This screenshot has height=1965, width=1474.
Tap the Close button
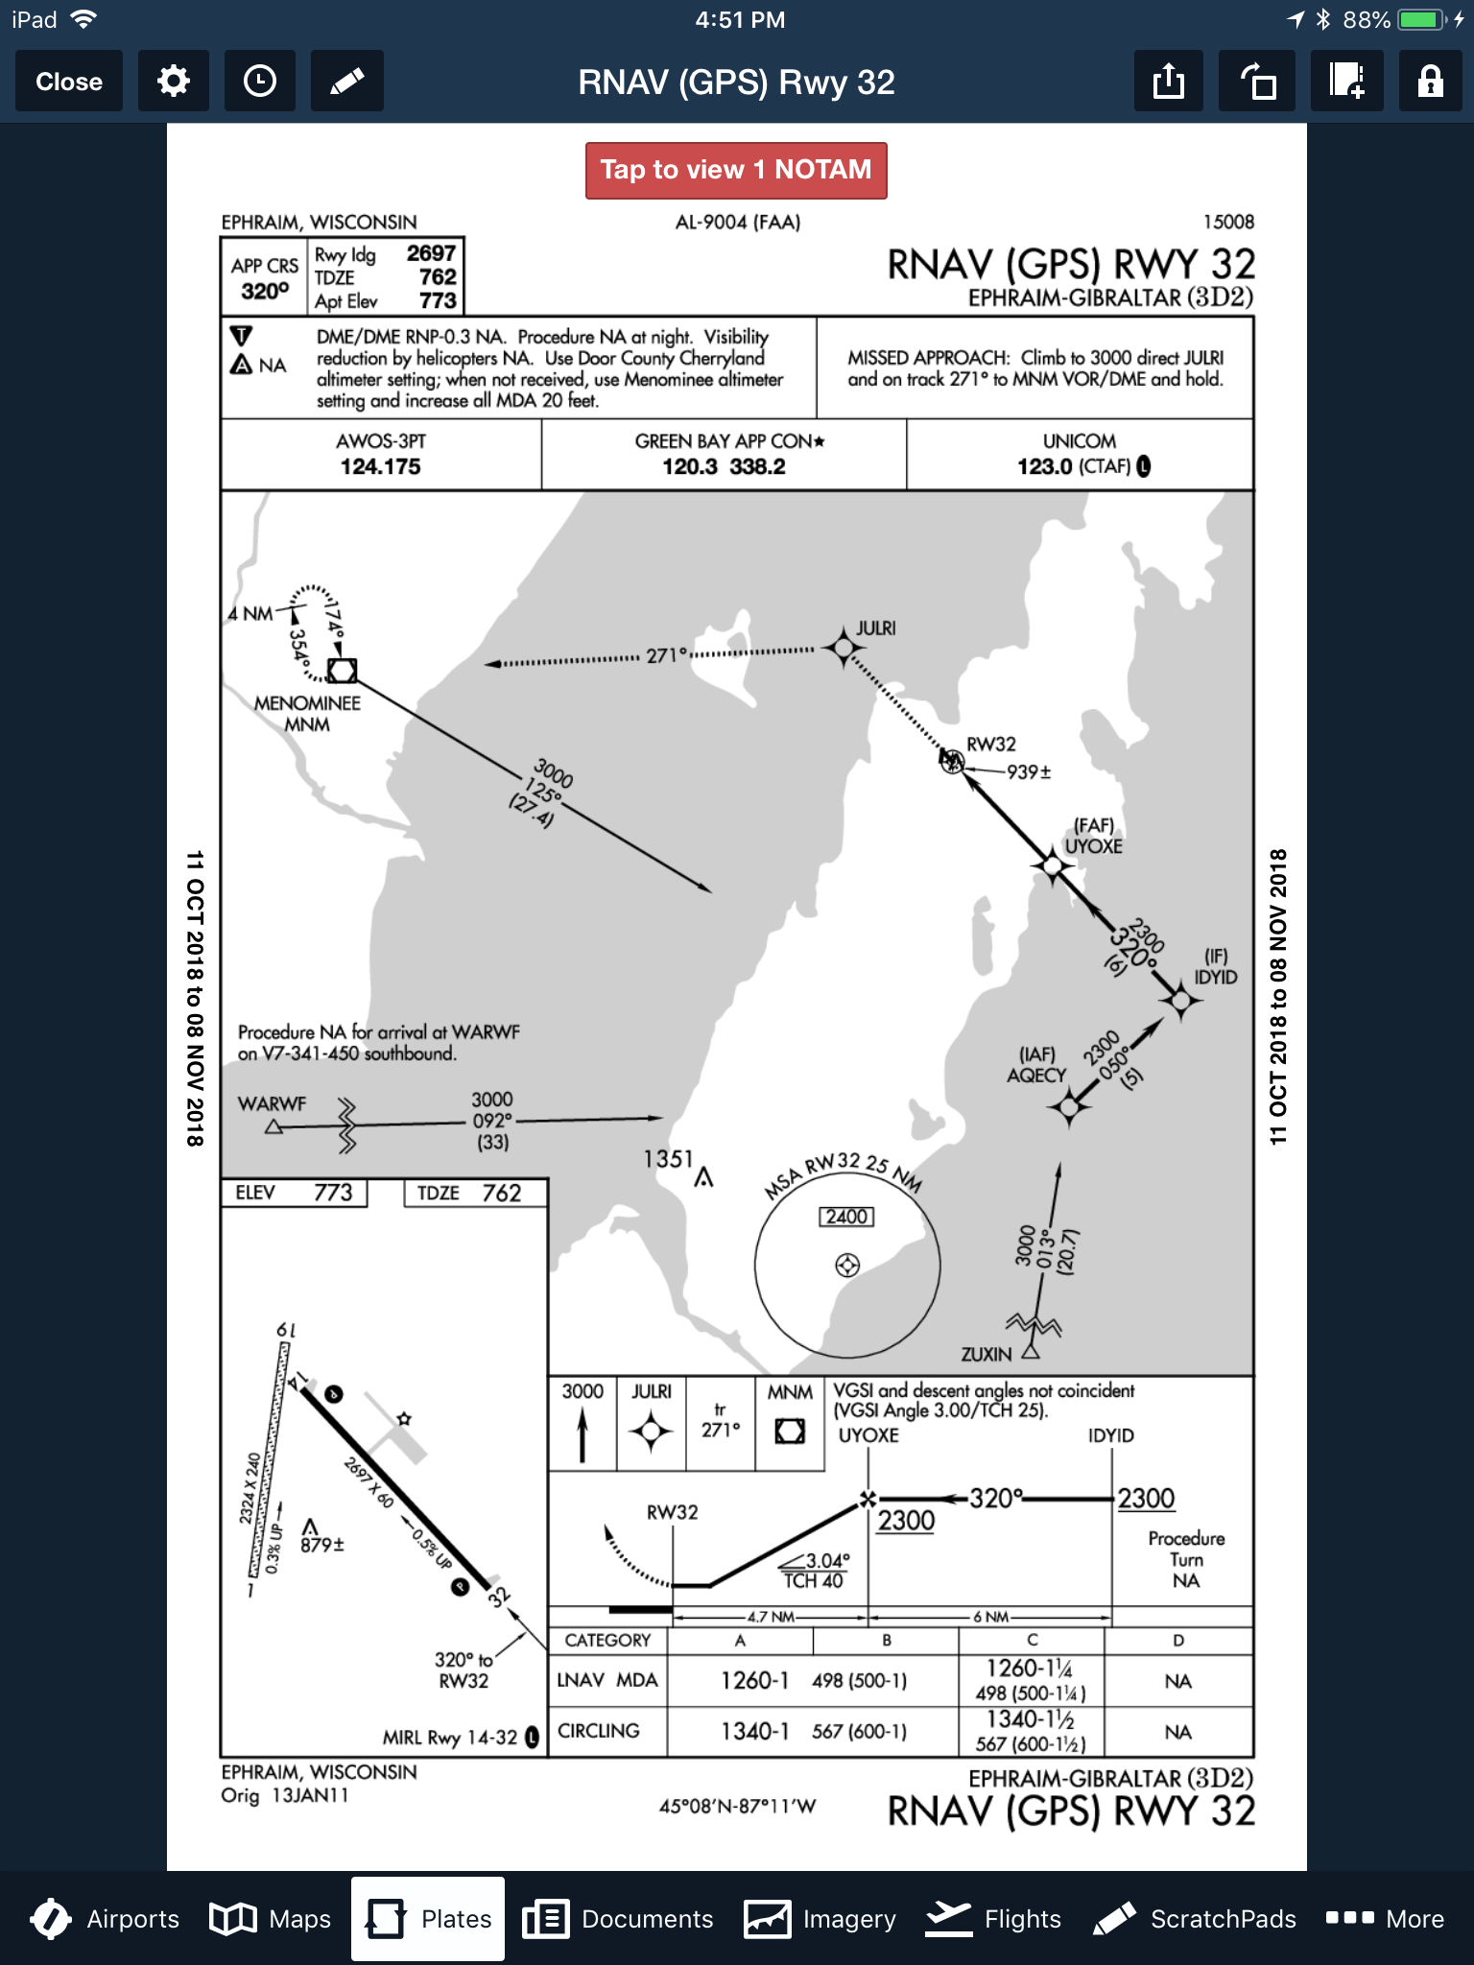[68, 82]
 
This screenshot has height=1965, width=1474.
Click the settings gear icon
[173, 82]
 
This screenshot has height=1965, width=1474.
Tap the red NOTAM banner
[736, 170]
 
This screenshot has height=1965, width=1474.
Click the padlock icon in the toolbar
[1430, 82]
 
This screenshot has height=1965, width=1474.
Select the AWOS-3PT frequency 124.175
[380, 466]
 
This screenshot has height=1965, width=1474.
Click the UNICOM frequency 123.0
[1045, 466]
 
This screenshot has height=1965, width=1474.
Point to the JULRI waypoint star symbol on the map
[844, 649]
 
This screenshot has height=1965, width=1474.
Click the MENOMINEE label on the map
[307, 703]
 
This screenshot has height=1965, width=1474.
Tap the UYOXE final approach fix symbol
[1053, 865]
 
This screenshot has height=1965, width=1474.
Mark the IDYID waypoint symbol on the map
[1180, 1001]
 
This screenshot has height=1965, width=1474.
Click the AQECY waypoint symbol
[1068, 1108]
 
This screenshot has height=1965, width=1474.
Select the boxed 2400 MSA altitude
[846, 1217]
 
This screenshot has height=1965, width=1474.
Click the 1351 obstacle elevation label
[668, 1159]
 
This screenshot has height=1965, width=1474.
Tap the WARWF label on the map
[272, 1103]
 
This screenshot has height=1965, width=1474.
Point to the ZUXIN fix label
[986, 1354]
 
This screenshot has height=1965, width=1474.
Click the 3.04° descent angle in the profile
[826, 1561]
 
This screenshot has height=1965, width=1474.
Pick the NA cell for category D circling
[1177, 1732]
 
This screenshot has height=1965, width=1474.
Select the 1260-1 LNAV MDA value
[754, 1680]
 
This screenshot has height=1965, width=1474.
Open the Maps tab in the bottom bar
[271, 1919]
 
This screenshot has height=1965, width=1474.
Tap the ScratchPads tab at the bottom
[1195, 1919]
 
